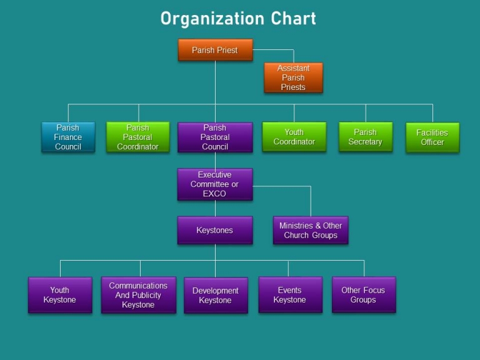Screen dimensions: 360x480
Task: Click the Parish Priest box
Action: (215, 50)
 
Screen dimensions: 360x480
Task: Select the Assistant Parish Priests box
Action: (293, 77)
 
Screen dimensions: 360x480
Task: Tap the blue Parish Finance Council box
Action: (68, 137)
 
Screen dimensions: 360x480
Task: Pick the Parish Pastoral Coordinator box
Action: (137, 137)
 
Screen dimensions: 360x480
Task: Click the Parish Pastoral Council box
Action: (215, 137)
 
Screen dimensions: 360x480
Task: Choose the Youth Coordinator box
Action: (294, 137)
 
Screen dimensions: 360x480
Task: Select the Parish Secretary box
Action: (365, 137)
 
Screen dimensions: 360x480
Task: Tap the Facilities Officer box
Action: (432, 137)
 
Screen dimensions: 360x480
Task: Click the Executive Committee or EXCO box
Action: (215, 184)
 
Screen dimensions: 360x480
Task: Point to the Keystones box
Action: (215, 230)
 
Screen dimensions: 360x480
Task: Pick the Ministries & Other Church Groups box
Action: (311, 230)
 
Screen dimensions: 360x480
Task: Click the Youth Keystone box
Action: (60, 295)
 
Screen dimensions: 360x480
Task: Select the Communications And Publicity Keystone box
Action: (138, 295)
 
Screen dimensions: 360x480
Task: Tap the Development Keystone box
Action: (216, 295)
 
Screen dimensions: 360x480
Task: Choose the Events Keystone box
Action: (290, 295)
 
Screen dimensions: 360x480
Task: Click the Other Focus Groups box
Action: (363, 295)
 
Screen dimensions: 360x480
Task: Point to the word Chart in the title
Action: (293, 19)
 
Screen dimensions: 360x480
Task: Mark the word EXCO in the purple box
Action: (214, 194)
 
